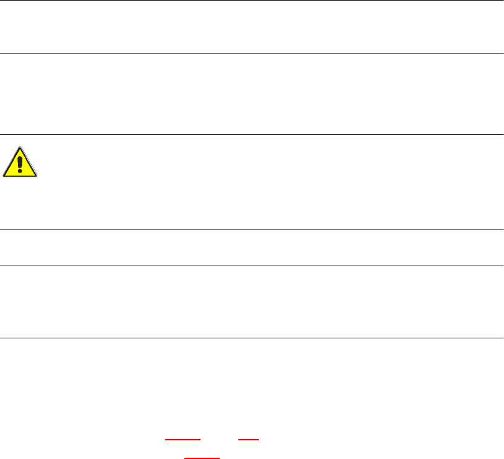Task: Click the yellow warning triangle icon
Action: (20, 163)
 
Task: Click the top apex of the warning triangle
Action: (20, 148)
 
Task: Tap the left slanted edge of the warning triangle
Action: (12, 162)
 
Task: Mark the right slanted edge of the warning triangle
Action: (29, 162)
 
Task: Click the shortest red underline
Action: (248, 440)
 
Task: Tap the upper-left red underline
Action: (183, 440)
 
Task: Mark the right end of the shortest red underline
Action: (257, 440)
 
